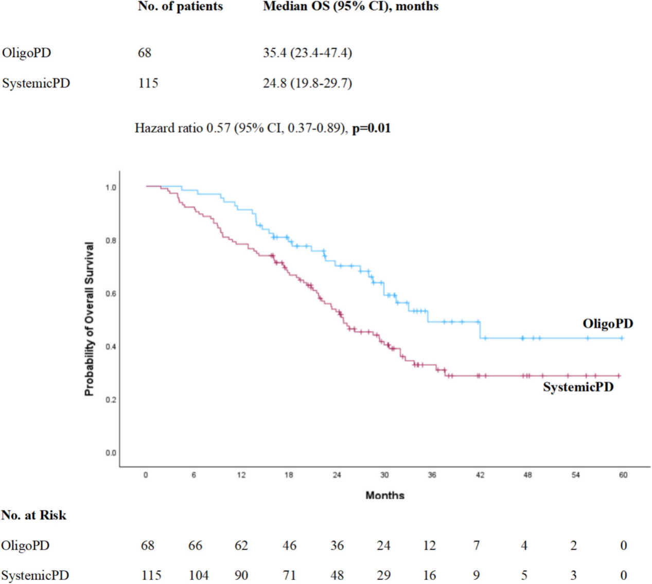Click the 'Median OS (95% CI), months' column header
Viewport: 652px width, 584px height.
pyautogui.click(x=350, y=7)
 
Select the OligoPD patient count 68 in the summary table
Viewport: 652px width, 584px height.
pyautogui.click(x=145, y=52)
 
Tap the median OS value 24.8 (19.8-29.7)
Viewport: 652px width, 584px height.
pyautogui.click(x=307, y=83)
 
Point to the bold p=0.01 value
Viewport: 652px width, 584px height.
pyautogui.click(x=371, y=128)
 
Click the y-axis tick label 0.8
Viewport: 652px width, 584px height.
pyautogui.click(x=111, y=240)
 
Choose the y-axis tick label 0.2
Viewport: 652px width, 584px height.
pyautogui.click(x=111, y=400)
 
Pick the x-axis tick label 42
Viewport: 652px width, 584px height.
pyautogui.click(x=480, y=475)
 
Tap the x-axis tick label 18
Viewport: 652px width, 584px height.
pyautogui.click(x=289, y=475)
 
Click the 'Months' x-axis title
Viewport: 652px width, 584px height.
pyautogui.click(x=385, y=495)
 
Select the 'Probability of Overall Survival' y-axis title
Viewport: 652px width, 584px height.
pyautogui.click(x=90, y=319)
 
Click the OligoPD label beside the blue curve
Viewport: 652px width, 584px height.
pyautogui.click(x=608, y=324)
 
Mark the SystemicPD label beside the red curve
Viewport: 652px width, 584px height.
pyautogui.click(x=578, y=387)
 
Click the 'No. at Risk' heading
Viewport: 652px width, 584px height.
pyautogui.click(x=34, y=515)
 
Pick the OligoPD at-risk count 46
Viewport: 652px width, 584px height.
pyautogui.click(x=289, y=545)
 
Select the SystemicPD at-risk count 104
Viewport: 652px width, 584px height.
pyautogui.click(x=199, y=575)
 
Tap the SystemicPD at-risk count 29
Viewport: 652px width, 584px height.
pyautogui.click(x=383, y=575)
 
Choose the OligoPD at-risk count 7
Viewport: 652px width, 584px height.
pyautogui.click(x=477, y=545)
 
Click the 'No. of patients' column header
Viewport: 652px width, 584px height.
pyautogui.click(x=180, y=7)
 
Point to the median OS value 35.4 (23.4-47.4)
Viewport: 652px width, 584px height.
pyautogui.click(x=307, y=52)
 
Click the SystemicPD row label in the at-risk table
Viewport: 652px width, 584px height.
pyautogui.click(x=35, y=575)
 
